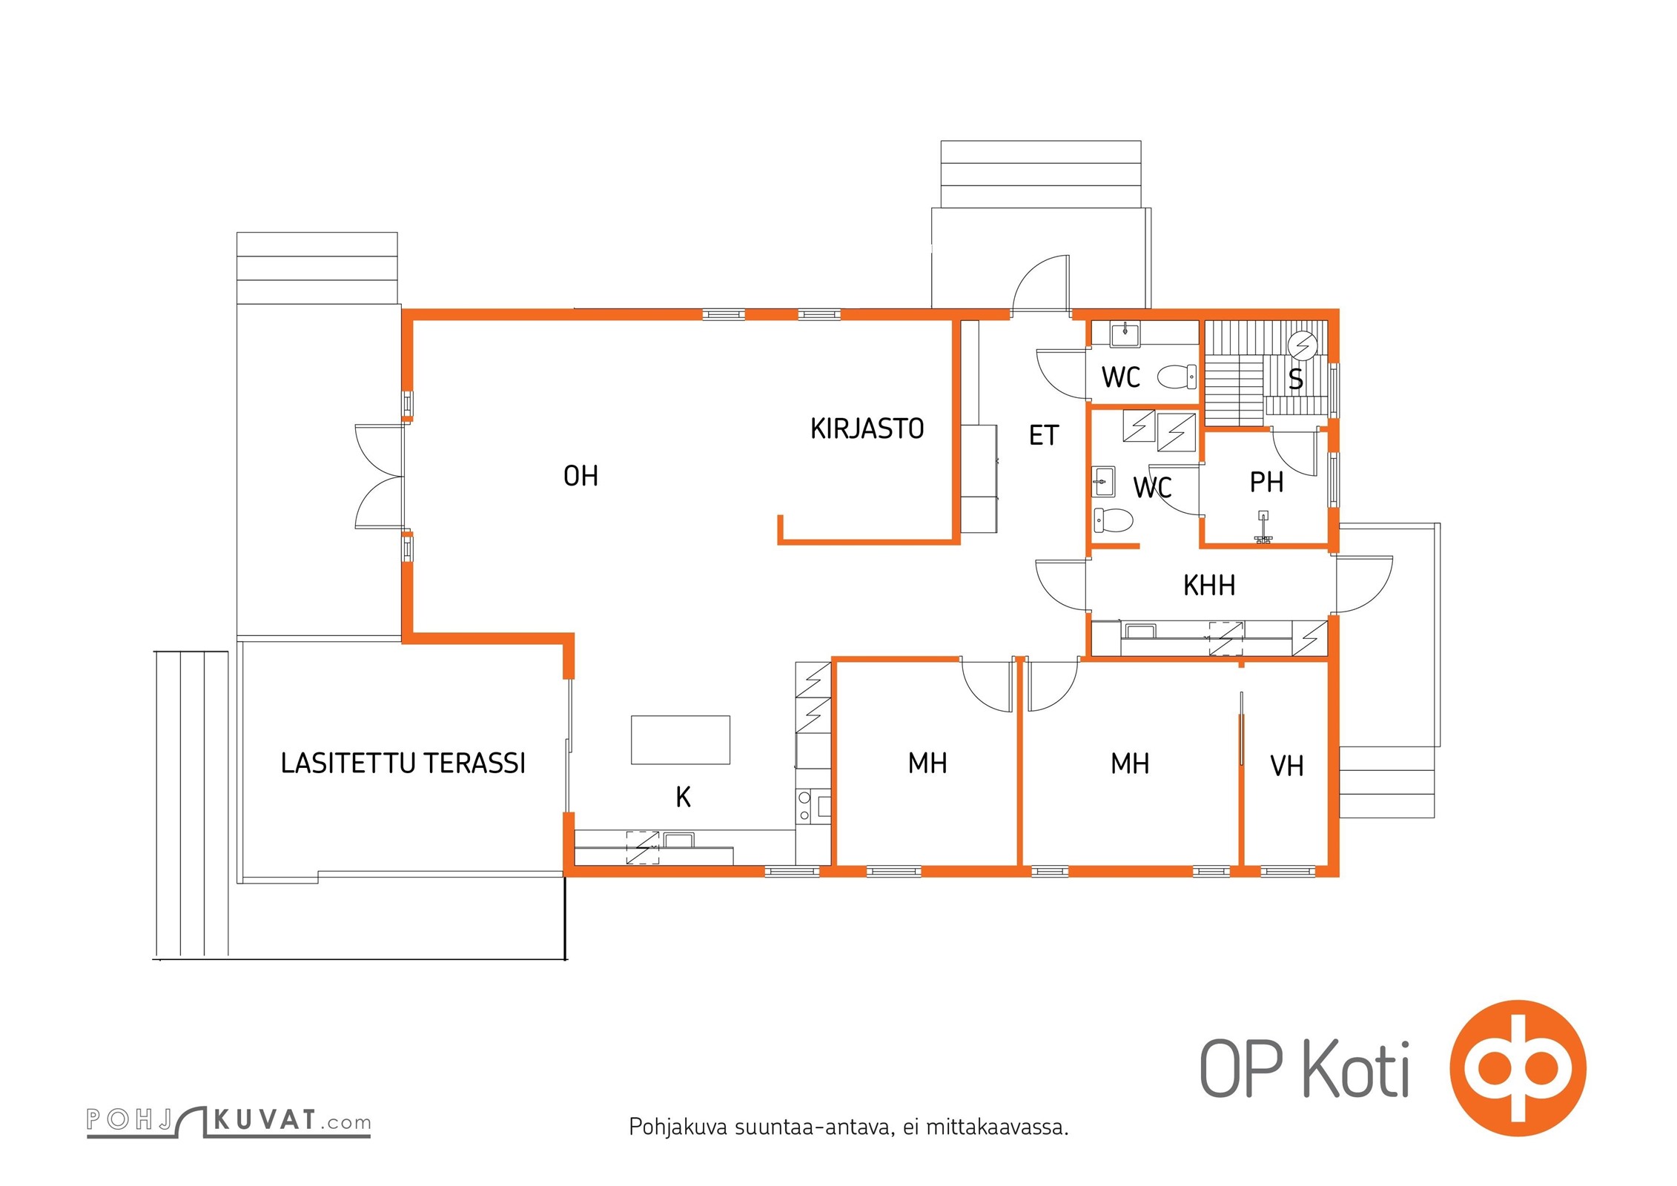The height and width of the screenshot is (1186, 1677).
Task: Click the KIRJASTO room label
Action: [867, 428]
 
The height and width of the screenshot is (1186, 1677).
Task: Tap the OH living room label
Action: [580, 476]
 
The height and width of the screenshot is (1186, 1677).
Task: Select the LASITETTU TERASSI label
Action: [403, 763]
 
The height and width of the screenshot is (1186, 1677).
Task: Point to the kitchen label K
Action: [683, 797]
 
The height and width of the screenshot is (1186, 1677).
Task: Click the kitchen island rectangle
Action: [681, 740]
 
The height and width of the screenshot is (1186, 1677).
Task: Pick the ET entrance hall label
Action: [1044, 435]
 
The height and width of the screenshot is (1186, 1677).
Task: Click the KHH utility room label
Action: [1209, 586]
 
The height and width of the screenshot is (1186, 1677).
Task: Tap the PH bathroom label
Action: [1266, 483]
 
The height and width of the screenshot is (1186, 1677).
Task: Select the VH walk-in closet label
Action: [1287, 766]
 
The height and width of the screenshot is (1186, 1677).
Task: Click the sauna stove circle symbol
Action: [1303, 345]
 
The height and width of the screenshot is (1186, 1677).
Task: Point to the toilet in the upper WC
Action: [1177, 377]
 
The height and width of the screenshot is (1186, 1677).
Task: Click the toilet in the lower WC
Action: [1114, 520]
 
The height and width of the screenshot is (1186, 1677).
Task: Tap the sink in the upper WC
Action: [1125, 334]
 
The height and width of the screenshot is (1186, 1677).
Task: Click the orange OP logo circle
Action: [1517, 1067]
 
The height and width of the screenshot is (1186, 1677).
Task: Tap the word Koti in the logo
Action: [1357, 1070]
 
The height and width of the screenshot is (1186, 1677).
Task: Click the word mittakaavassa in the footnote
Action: [997, 1127]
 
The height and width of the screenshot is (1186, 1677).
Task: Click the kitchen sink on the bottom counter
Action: [678, 840]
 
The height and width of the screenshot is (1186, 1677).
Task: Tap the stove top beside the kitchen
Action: [813, 808]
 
